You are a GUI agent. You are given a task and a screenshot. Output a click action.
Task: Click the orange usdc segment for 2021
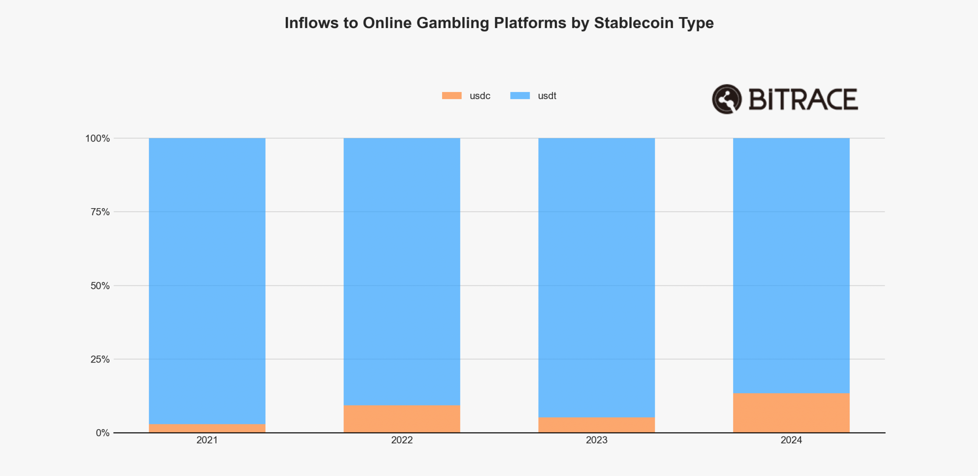point(207,428)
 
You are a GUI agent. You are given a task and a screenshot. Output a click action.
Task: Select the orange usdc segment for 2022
point(402,419)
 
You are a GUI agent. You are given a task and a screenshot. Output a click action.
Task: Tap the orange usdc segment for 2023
point(596,425)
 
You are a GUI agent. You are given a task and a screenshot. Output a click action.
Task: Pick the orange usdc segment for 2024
point(791,413)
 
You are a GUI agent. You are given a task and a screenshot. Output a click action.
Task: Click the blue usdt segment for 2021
point(207,281)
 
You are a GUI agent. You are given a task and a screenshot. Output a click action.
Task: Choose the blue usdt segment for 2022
point(402,272)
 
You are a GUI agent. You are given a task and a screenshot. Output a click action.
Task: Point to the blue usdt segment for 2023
point(596,277)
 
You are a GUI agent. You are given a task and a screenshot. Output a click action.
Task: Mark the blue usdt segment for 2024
point(791,266)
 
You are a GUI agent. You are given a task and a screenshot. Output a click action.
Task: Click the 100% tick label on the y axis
point(97,139)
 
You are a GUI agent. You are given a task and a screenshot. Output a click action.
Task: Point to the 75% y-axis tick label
point(100,212)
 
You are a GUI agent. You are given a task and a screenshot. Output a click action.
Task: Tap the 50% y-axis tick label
point(100,286)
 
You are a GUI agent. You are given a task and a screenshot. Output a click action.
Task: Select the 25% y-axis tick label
point(100,359)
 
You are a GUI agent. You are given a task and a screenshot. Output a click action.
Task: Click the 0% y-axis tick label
point(103,433)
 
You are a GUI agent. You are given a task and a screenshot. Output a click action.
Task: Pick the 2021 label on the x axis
point(207,440)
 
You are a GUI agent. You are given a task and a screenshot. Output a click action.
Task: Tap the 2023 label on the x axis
point(596,440)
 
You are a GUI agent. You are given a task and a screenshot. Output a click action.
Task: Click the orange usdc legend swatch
point(452,96)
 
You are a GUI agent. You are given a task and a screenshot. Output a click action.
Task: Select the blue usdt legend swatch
point(520,96)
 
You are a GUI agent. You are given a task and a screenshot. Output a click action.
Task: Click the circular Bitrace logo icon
point(726,99)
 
